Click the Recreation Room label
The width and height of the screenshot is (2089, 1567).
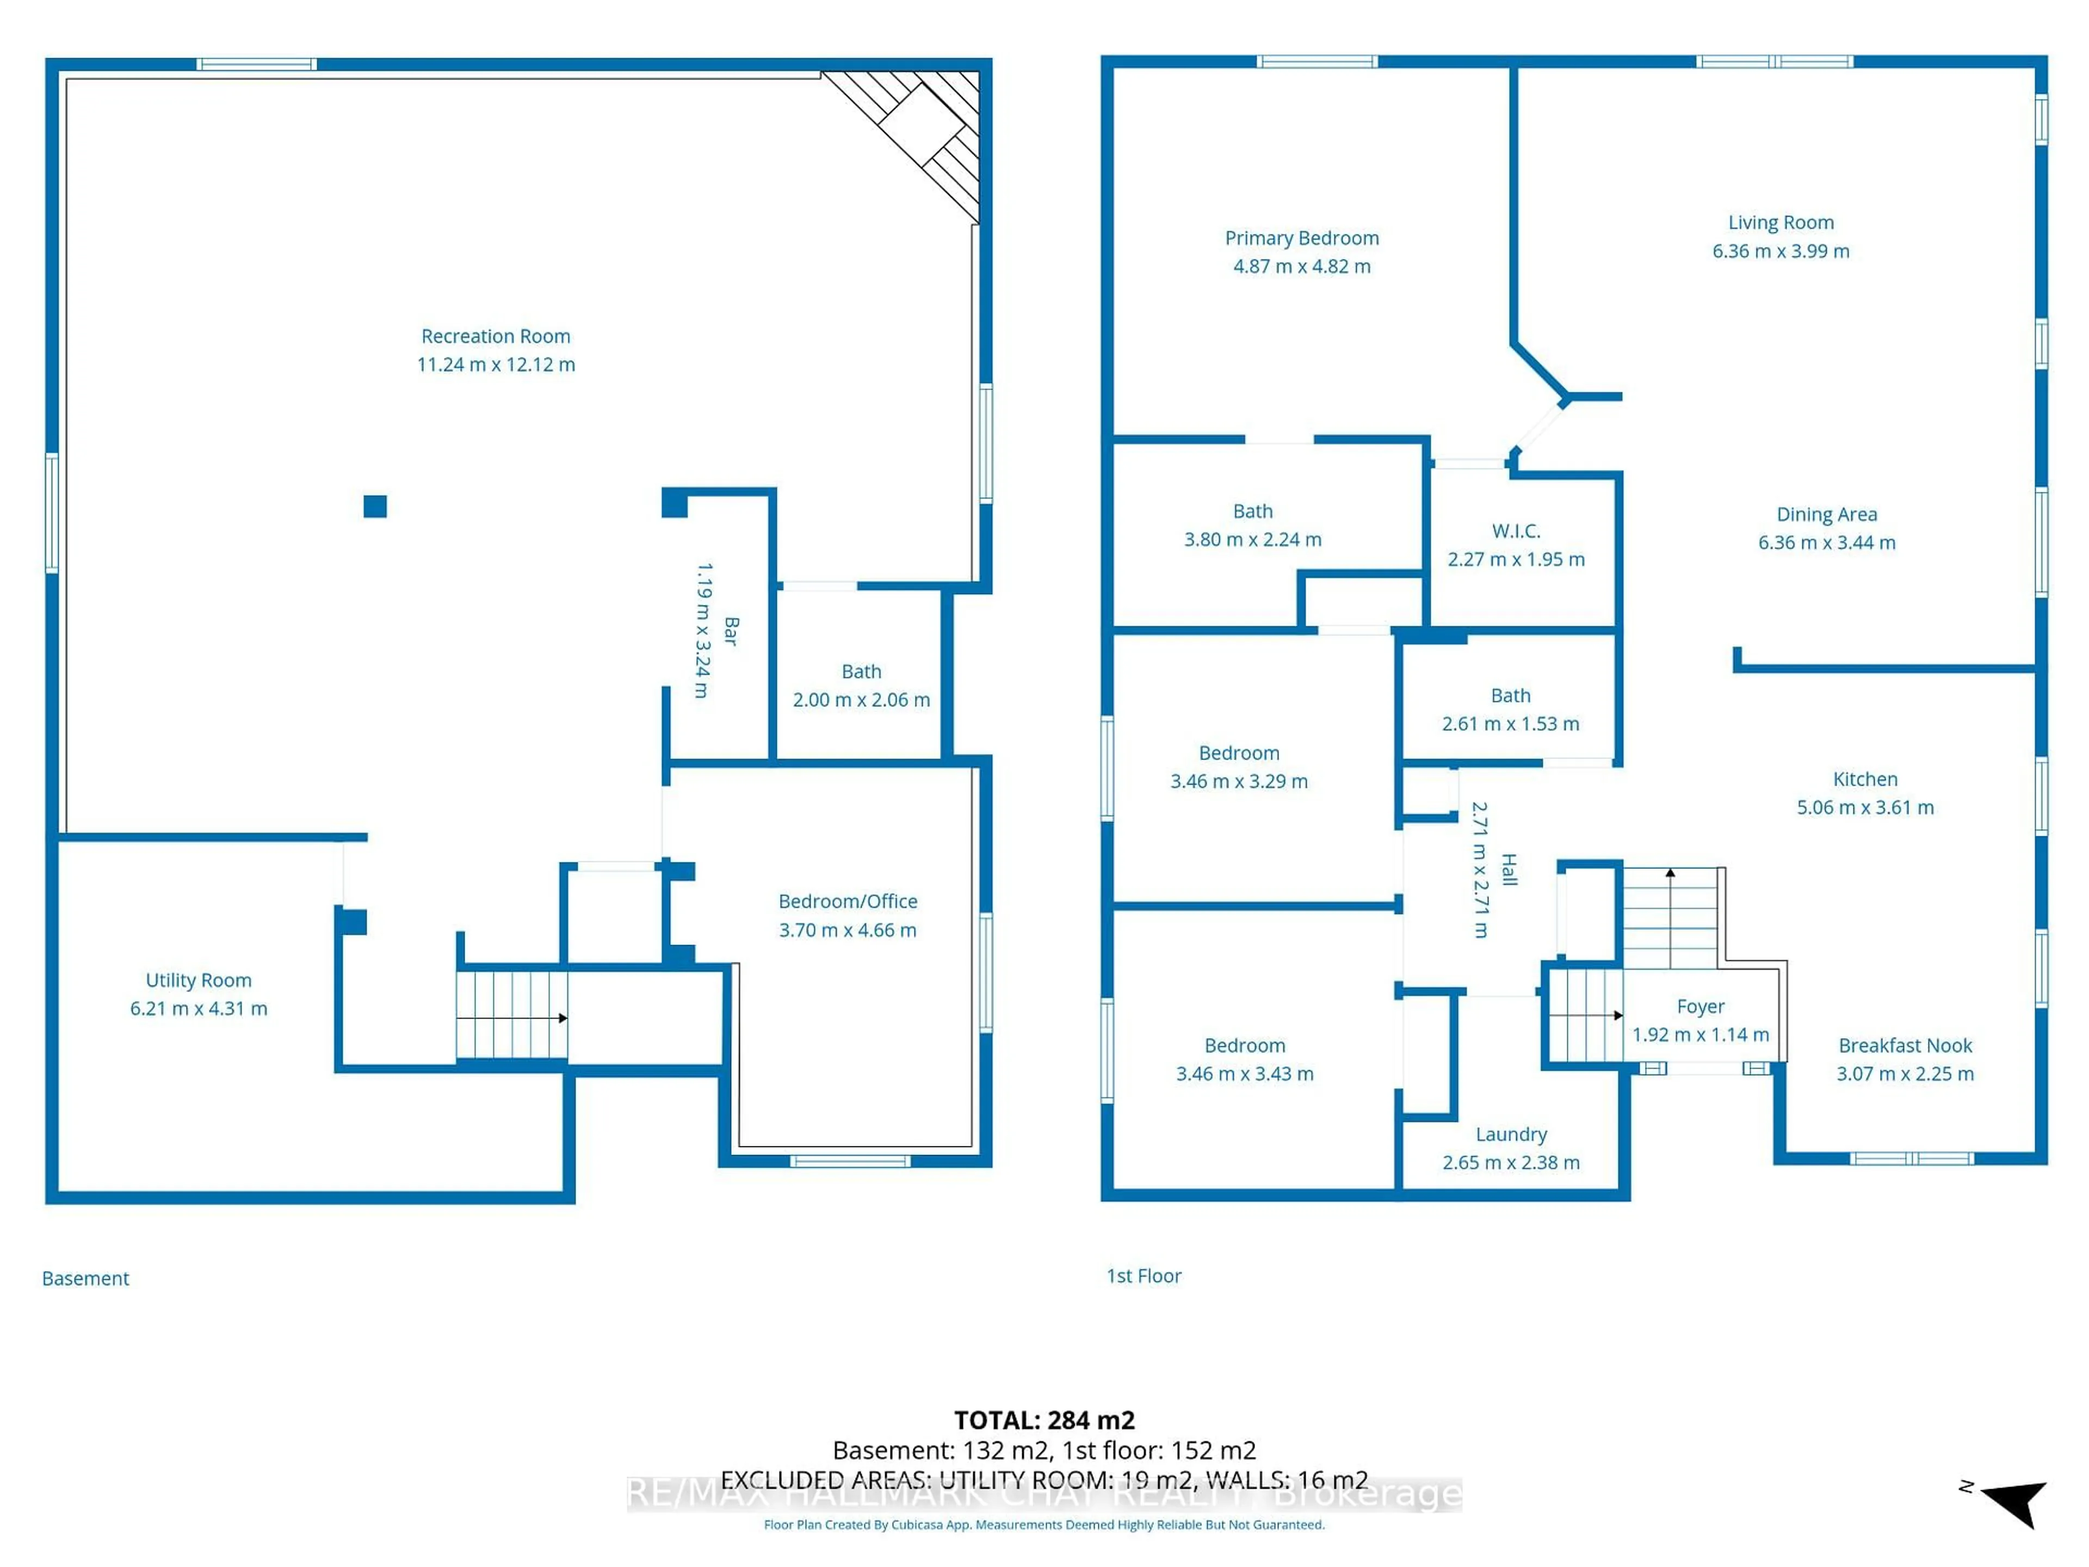pos(495,336)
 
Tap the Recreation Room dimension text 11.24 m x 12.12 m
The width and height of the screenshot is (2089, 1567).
pos(495,365)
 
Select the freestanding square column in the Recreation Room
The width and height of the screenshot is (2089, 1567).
pos(375,506)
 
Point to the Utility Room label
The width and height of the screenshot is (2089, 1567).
pos(199,980)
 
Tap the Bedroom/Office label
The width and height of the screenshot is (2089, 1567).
pos(847,901)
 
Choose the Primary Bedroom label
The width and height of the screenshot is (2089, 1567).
pos(1301,238)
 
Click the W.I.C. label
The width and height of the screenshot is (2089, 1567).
pos(1516,531)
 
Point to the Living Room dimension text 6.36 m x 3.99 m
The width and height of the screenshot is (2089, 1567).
pos(1780,251)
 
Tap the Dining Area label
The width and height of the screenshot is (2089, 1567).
pos(1826,515)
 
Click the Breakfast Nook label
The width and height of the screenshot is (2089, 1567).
pos(1904,1046)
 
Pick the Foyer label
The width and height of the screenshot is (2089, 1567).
pos(1700,1007)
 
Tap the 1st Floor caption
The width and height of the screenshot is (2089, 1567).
pos(1143,1276)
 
